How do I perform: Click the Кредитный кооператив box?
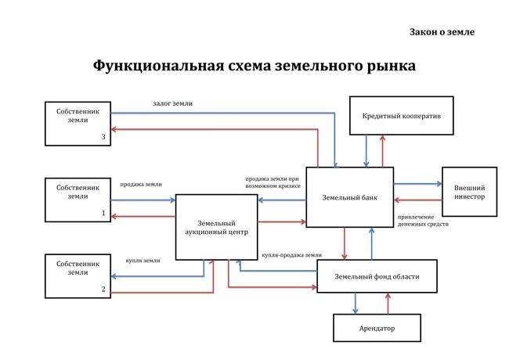(x=402, y=116)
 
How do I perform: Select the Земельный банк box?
(x=349, y=197)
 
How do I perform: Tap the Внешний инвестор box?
(x=469, y=192)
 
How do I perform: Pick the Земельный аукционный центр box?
(x=216, y=227)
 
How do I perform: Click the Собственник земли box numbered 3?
(x=78, y=124)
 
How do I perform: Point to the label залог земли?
(x=172, y=103)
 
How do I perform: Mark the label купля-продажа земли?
(x=292, y=255)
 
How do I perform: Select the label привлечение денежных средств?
(x=422, y=220)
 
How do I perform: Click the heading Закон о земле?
(x=442, y=32)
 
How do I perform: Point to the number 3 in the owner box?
(x=103, y=137)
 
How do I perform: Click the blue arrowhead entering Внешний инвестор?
(x=439, y=184)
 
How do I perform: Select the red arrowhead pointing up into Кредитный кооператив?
(x=384, y=137)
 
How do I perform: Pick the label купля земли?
(x=143, y=261)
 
